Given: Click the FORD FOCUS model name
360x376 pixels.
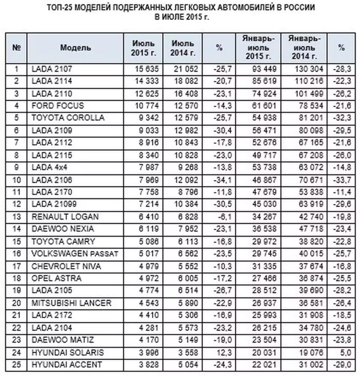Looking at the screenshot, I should (58, 105).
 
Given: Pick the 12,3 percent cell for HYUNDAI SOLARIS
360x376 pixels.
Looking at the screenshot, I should (219, 352).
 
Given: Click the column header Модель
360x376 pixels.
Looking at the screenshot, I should (75, 48).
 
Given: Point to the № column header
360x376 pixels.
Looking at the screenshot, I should (17, 48).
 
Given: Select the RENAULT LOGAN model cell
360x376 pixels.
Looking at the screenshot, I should (65, 217).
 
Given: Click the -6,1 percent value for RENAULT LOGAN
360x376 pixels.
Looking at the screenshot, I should (219, 217).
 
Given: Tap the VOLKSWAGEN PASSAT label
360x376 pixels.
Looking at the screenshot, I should (75, 254).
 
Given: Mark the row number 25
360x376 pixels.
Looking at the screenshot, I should (17, 364).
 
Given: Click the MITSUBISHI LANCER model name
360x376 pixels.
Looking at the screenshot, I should (72, 303).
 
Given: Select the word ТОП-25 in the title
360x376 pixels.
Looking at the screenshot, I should (66, 8).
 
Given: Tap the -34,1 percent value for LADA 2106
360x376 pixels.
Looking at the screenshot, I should (219, 179).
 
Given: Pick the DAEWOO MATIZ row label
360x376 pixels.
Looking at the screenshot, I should (63, 340).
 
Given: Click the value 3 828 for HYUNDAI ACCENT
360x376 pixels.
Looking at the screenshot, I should (148, 364).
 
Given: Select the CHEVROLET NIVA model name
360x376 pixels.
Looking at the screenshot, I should (66, 266).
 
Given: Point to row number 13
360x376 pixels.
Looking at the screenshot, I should (17, 217).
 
